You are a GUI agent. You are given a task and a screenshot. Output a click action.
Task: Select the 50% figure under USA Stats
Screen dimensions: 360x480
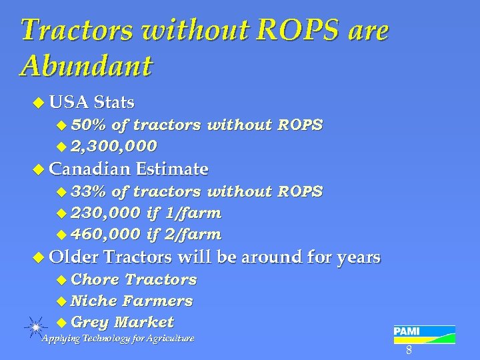pos(89,125)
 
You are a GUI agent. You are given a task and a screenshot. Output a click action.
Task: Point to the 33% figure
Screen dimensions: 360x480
pos(89,192)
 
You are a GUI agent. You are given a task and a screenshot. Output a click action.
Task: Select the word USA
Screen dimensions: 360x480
pos(69,103)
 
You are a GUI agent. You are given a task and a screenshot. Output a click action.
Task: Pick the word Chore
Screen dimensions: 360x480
pos(95,279)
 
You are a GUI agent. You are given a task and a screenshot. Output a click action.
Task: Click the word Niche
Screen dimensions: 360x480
pos(93,301)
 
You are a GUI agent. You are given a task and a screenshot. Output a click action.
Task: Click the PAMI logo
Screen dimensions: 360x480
pos(424,333)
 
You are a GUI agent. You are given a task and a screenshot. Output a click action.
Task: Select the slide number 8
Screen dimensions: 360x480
pos(409,351)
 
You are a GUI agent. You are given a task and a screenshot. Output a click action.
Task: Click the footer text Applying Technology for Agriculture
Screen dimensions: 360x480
pos(118,339)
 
